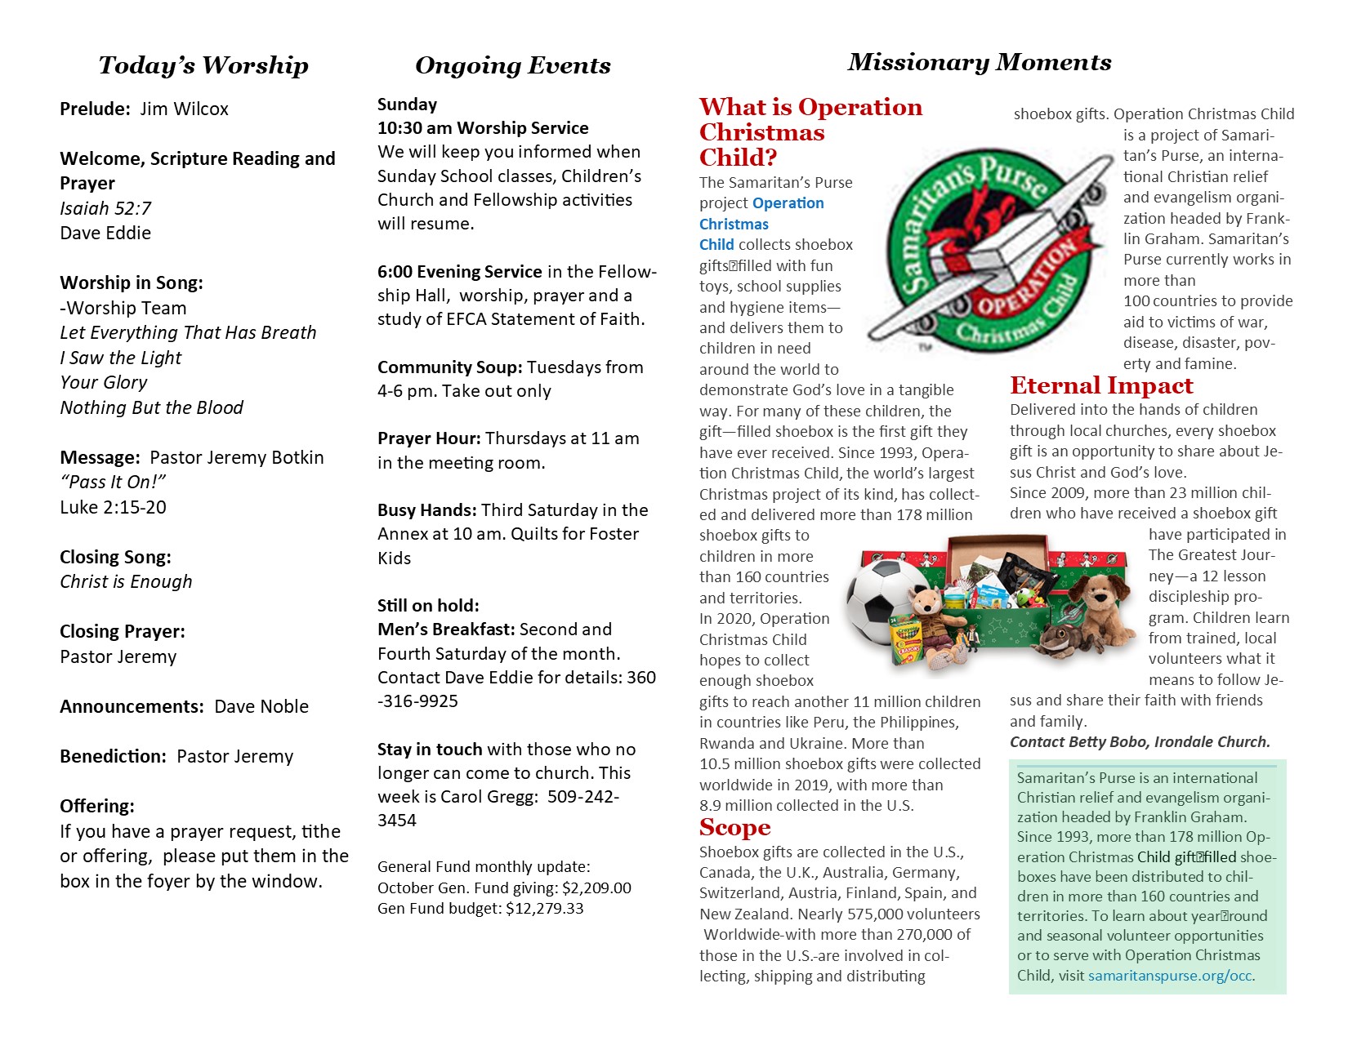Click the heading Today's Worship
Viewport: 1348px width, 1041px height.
click(203, 65)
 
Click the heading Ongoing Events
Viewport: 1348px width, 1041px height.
click(512, 65)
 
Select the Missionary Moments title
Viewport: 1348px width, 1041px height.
click(979, 62)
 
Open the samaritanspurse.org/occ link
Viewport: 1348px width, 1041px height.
click(1170, 976)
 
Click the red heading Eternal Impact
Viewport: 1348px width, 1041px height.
click(1101, 385)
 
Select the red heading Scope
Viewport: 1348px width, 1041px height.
click(734, 828)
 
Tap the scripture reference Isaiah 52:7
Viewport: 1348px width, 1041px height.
click(105, 208)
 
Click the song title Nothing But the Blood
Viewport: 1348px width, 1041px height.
click(152, 407)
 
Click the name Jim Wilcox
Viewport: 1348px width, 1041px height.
click(184, 109)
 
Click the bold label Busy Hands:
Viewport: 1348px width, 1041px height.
click(426, 510)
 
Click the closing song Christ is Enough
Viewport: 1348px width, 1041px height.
click(126, 581)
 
